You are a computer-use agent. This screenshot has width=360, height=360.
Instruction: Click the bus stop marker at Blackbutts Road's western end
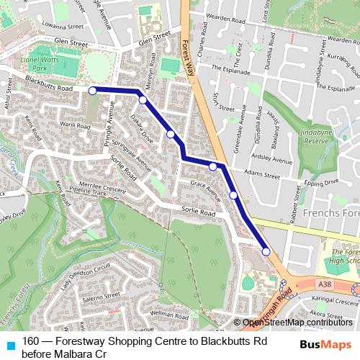(x=92, y=91)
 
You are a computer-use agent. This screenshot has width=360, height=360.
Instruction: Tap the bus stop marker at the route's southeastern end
(x=266, y=251)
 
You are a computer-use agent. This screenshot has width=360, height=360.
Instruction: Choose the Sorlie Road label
(x=198, y=212)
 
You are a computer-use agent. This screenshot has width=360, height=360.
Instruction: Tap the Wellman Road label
(x=170, y=315)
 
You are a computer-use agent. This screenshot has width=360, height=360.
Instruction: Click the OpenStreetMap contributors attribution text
(x=297, y=322)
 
